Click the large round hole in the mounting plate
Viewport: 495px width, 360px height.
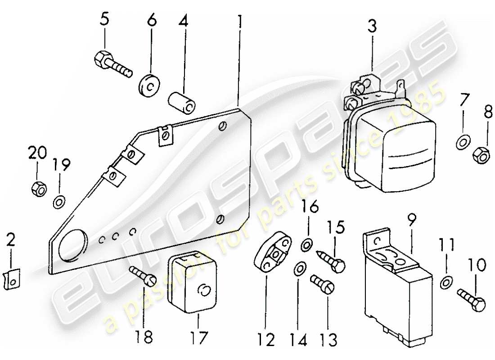72,246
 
